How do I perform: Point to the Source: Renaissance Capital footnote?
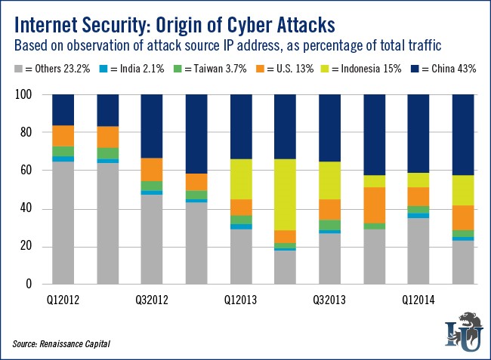coord(63,343)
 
